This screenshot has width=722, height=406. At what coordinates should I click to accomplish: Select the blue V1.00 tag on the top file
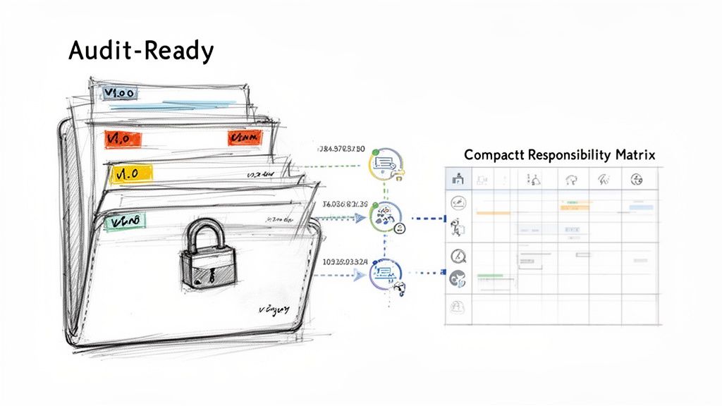(x=121, y=93)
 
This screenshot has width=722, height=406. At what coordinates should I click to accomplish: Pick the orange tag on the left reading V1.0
(x=124, y=138)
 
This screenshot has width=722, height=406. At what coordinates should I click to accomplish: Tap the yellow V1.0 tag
(x=131, y=173)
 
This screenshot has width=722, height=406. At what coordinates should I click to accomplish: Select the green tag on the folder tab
(x=125, y=222)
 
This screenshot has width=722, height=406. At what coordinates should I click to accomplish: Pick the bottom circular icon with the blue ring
(x=385, y=273)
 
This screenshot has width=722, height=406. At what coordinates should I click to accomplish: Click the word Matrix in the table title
(x=632, y=154)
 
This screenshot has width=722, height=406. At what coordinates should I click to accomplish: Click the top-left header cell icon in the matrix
(x=456, y=179)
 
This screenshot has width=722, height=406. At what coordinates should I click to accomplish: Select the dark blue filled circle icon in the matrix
(x=456, y=278)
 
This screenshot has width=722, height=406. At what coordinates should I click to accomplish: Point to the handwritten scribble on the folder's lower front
(x=274, y=309)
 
